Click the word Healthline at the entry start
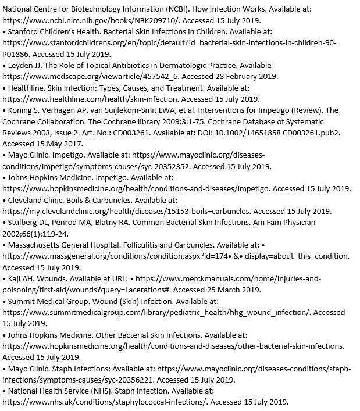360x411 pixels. pos(28,88)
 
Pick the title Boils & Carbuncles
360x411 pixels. pos(102,199)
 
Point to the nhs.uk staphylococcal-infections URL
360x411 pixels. pos(105,402)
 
